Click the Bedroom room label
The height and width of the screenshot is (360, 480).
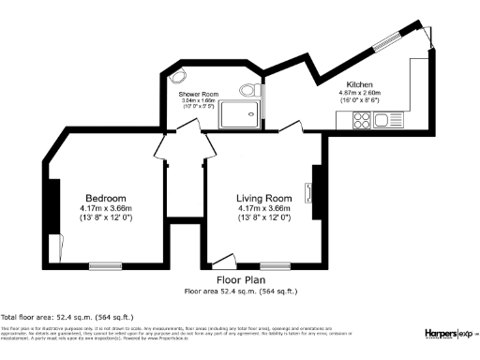coord(105,198)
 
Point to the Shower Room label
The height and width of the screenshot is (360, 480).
coord(198,94)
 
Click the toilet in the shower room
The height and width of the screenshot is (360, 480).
coord(248,89)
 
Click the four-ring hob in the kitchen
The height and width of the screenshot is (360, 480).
coord(360,120)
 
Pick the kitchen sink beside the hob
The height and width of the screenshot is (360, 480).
coord(382,120)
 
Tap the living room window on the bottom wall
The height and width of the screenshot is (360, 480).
coord(275,265)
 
